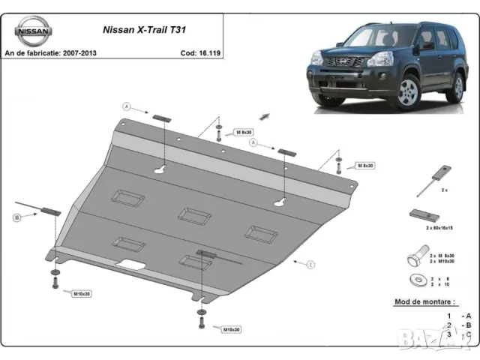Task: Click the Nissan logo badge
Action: tap(33, 31)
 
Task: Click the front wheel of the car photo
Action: tap(407, 94)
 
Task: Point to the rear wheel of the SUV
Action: tap(454, 87)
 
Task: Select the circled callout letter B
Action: tap(16, 217)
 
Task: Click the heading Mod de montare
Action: tap(425, 302)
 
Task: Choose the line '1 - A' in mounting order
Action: tap(458, 316)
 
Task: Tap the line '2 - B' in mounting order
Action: tap(458, 325)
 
